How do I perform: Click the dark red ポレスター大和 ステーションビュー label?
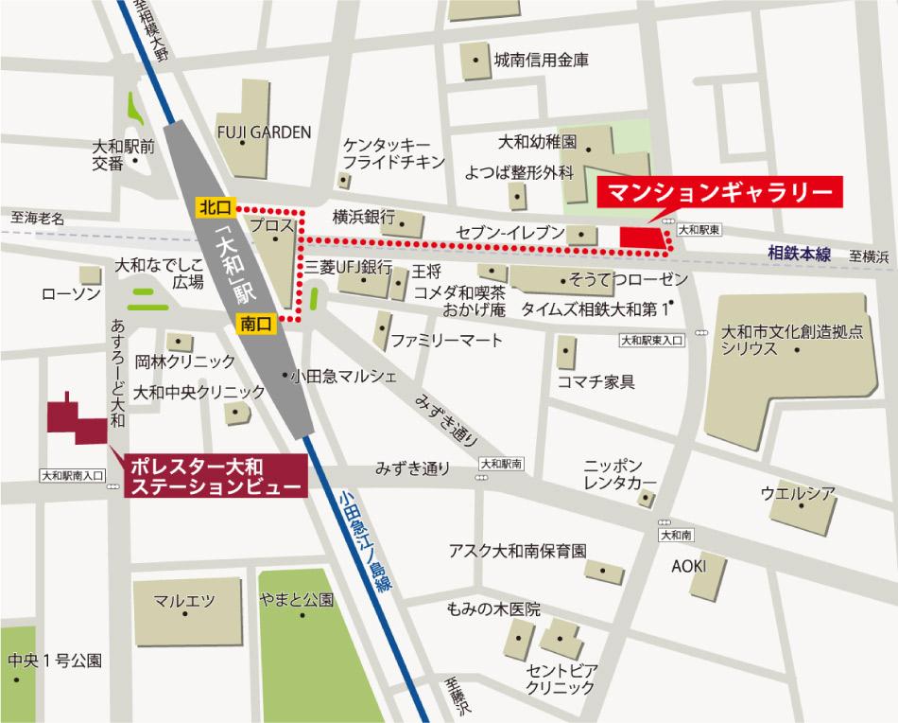[216, 476]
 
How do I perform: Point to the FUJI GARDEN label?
[264, 132]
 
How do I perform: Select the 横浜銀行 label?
[363, 216]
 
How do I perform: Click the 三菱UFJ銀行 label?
[346, 268]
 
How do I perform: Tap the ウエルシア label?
[798, 493]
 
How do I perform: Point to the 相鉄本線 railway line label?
[800, 252]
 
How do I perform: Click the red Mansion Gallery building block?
[641, 236]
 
